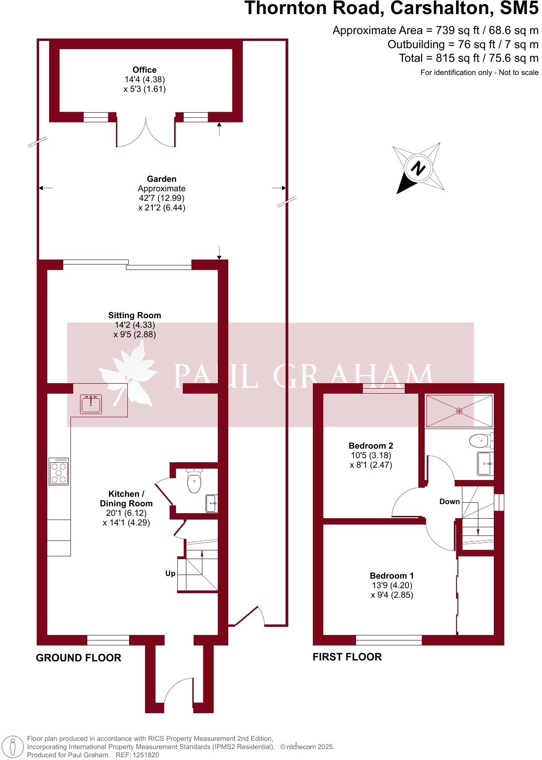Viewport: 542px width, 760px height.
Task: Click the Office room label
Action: [145, 70]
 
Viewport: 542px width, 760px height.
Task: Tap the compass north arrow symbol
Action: [418, 168]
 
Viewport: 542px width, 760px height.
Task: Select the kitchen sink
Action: [91, 404]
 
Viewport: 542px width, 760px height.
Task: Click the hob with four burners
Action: [59, 471]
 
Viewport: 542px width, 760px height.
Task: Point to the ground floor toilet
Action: [194, 482]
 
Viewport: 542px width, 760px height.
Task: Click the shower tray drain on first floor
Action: [459, 411]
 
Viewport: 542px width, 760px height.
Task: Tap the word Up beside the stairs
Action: [170, 574]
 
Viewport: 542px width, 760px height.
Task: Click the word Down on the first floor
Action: [449, 502]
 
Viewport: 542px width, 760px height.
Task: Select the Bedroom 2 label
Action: [371, 446]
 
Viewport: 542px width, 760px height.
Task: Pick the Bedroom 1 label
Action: [391, 576]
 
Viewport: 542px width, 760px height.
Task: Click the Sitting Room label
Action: [135, 315]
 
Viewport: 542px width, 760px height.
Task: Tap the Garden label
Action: [161, 179]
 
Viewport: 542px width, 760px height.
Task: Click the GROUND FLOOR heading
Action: [79, 658]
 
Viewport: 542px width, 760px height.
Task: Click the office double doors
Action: [146, 133]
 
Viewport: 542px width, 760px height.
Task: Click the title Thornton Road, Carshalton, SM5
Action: [391, 8]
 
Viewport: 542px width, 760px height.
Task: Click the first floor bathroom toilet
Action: [480, 440]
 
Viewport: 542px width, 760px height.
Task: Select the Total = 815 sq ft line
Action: [468, 58]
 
